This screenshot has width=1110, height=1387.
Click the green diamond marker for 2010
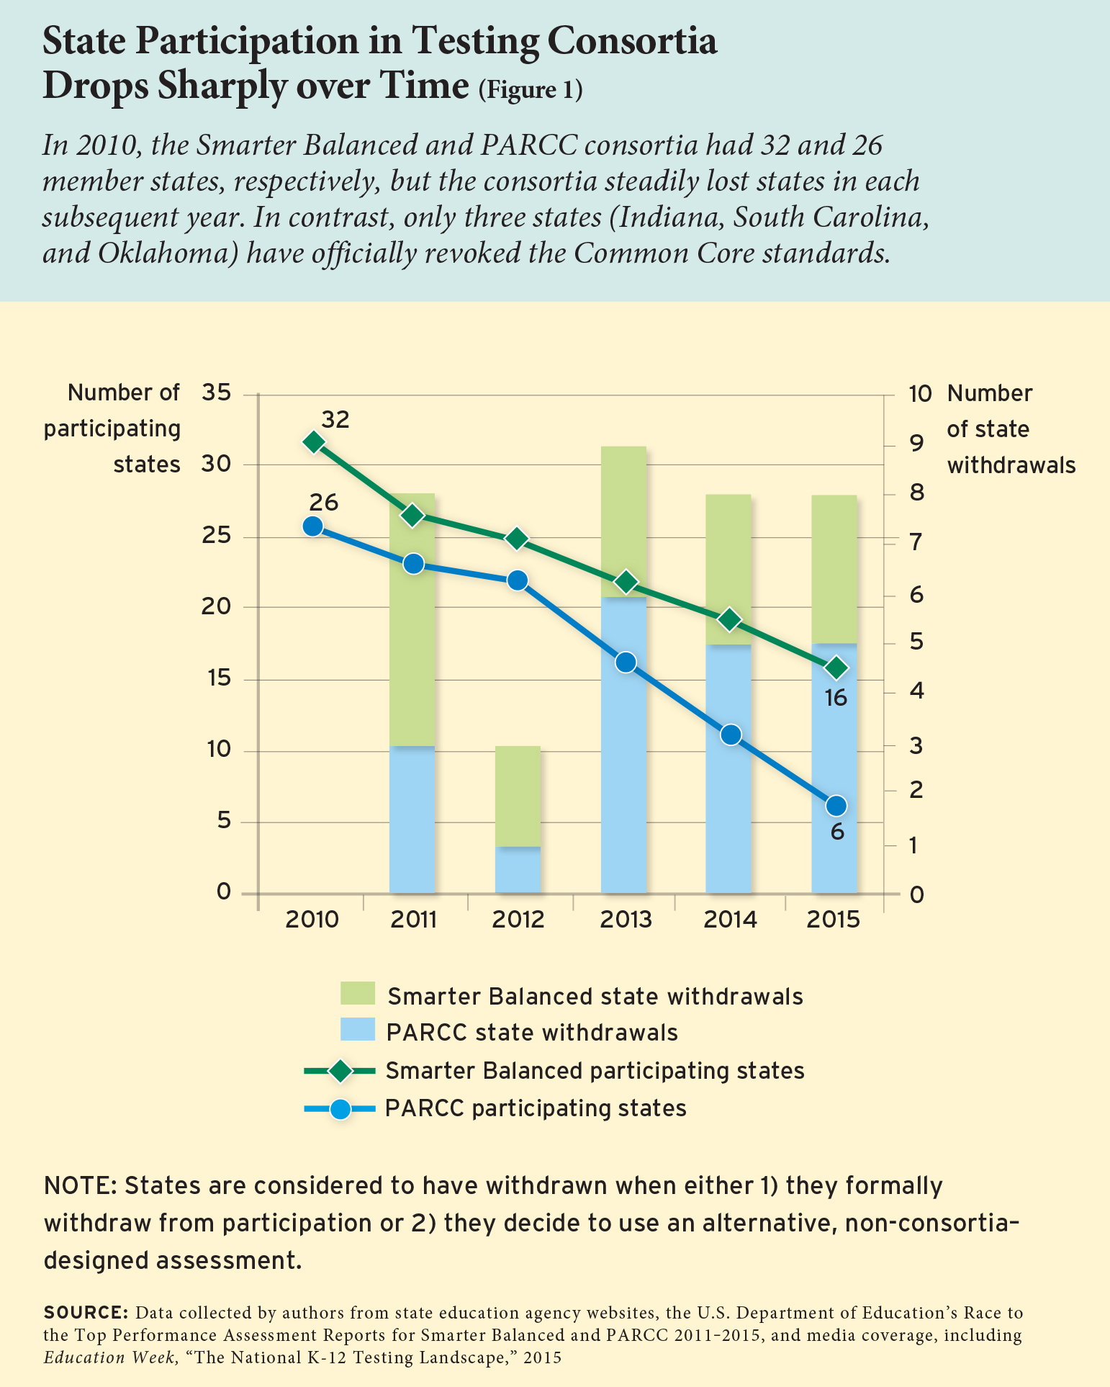click(313, 441)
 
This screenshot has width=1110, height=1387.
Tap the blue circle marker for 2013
click(626, 663)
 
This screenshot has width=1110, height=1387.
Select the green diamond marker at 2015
click(836, 668)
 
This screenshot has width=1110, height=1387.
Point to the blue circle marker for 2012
click(517, 580)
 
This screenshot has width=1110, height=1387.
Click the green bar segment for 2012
click(518, 796)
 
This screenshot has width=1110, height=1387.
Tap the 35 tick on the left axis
click(217, 393)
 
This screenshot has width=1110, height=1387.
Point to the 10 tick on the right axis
click(920, 394)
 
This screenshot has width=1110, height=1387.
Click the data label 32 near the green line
click(335, 419)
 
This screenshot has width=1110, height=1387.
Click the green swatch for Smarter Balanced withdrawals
click(358, 994)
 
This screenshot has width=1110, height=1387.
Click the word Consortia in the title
click(633, 42)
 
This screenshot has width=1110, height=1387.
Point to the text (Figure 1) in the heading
click(530, 89)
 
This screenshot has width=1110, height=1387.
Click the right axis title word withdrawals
click(1011, 465)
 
